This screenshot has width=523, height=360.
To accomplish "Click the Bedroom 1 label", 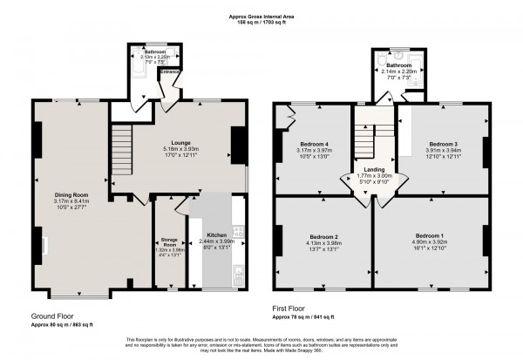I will tap(429, 236).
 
